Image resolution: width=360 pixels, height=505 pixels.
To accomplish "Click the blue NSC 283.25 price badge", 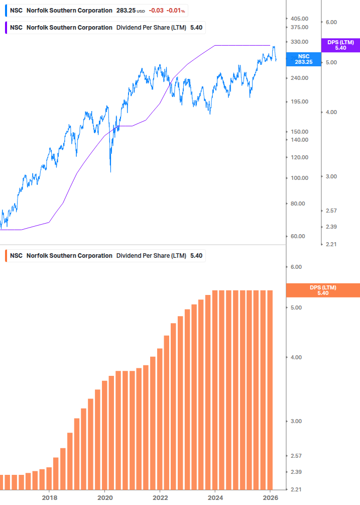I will click(303, 59).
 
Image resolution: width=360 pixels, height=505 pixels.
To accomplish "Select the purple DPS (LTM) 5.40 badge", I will click(340, 45).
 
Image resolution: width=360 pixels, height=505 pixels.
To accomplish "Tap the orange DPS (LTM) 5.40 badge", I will click(322, 290).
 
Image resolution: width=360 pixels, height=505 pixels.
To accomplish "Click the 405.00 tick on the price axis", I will click(299, 19).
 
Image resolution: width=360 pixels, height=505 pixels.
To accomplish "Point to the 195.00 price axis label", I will click(299, 102).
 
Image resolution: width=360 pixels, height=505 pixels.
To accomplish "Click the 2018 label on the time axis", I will click(49, 497).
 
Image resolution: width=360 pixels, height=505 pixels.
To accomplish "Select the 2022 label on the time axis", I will click(160, 497).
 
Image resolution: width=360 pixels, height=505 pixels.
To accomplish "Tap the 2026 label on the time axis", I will click(270, 497).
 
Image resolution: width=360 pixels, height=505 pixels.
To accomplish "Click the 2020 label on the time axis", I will click(104, 497).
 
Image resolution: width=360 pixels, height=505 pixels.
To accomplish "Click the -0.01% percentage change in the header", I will click(176, 11).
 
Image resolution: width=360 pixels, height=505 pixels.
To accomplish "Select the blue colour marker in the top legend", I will click(5, 11).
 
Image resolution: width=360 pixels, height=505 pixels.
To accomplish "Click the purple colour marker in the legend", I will click(5, 28).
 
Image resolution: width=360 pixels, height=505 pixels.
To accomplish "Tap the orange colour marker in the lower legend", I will click(5, 256).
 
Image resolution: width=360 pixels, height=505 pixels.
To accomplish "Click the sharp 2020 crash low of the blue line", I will click(110, 171).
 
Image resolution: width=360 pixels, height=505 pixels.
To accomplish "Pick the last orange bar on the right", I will click(269, 389).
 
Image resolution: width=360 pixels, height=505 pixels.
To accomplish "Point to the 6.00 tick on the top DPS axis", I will click(331, 22).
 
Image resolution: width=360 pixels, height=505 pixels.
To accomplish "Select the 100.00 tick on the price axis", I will click(299, 178).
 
